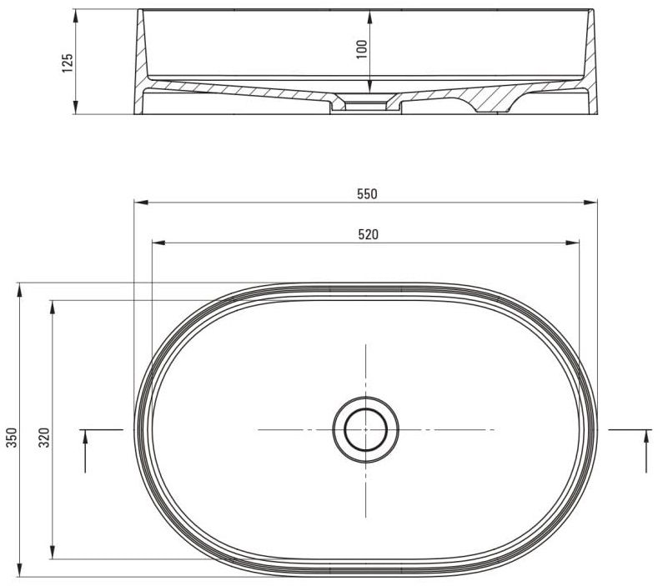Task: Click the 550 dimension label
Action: click(x=367, y=194)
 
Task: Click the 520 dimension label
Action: click(x=368, y=234)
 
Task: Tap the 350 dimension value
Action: click(x=12, y=438)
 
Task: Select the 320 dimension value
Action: click(x=44, y=438)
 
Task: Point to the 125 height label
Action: click(x=68, y=63)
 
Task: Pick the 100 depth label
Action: click(x=362, y=49)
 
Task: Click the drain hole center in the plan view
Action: click(x=366, y=429)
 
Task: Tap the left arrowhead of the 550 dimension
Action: click(x=141, y=203)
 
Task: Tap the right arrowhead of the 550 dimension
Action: click(x=590, y=203)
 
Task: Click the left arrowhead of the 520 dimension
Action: click(x=158, y=243)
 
